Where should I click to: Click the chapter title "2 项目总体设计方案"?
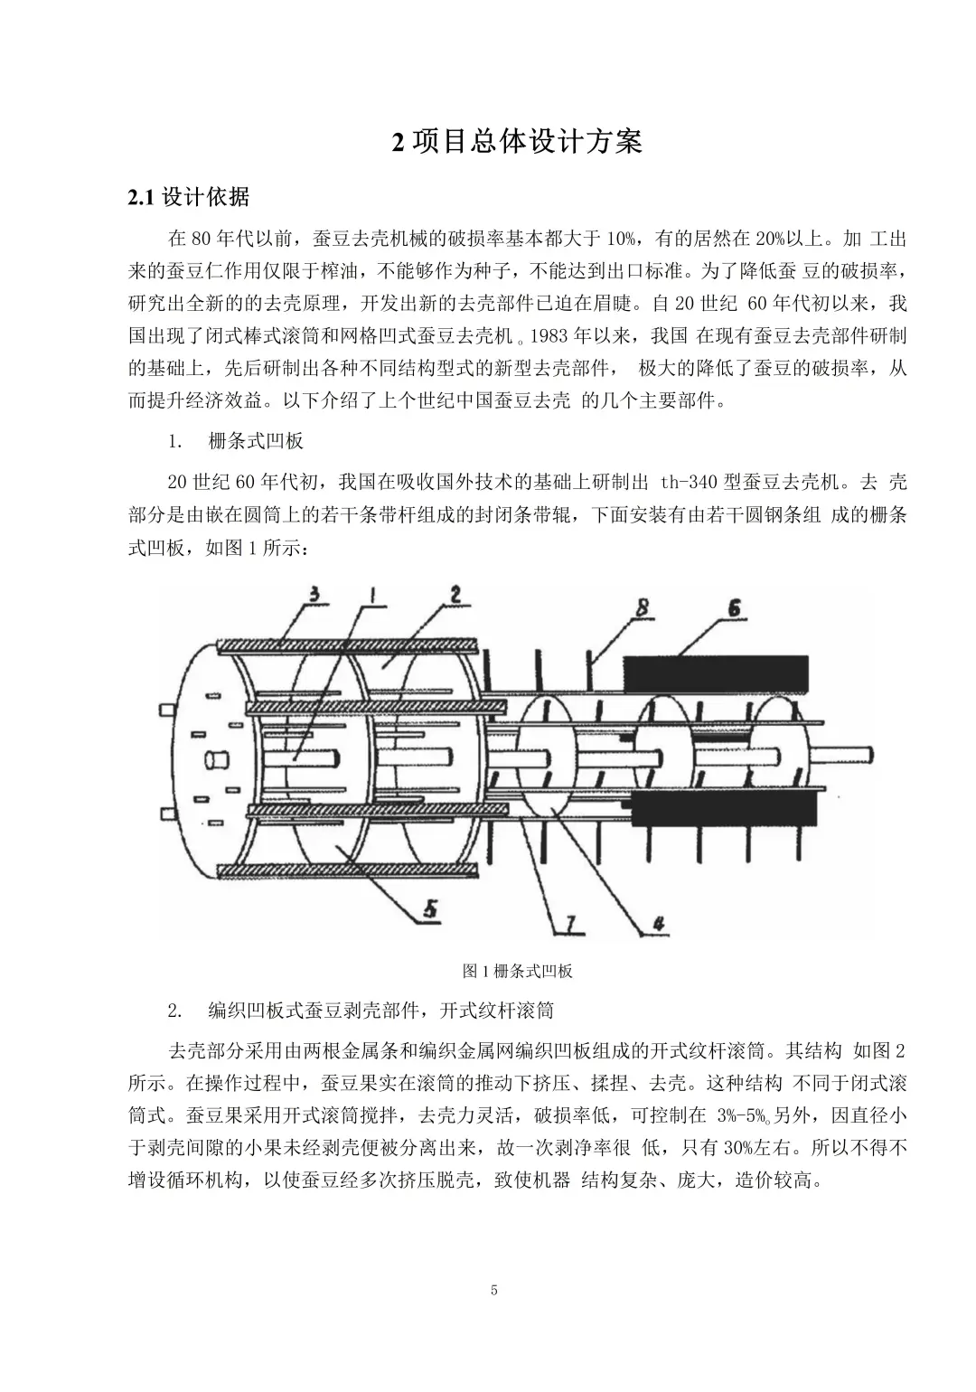click(516, 142)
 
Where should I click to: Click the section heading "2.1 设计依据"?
click(189, 197)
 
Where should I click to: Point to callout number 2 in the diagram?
click(455, 595)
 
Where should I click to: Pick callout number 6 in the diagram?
click(733, 608)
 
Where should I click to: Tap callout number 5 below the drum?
click(429, 908)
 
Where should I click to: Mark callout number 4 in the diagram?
click(660, 923)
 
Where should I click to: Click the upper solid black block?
click(714, 675)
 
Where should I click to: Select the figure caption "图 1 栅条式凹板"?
click(517, 971)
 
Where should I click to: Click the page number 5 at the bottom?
click(494, 1290)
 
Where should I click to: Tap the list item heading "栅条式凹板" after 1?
click(256, 440)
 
